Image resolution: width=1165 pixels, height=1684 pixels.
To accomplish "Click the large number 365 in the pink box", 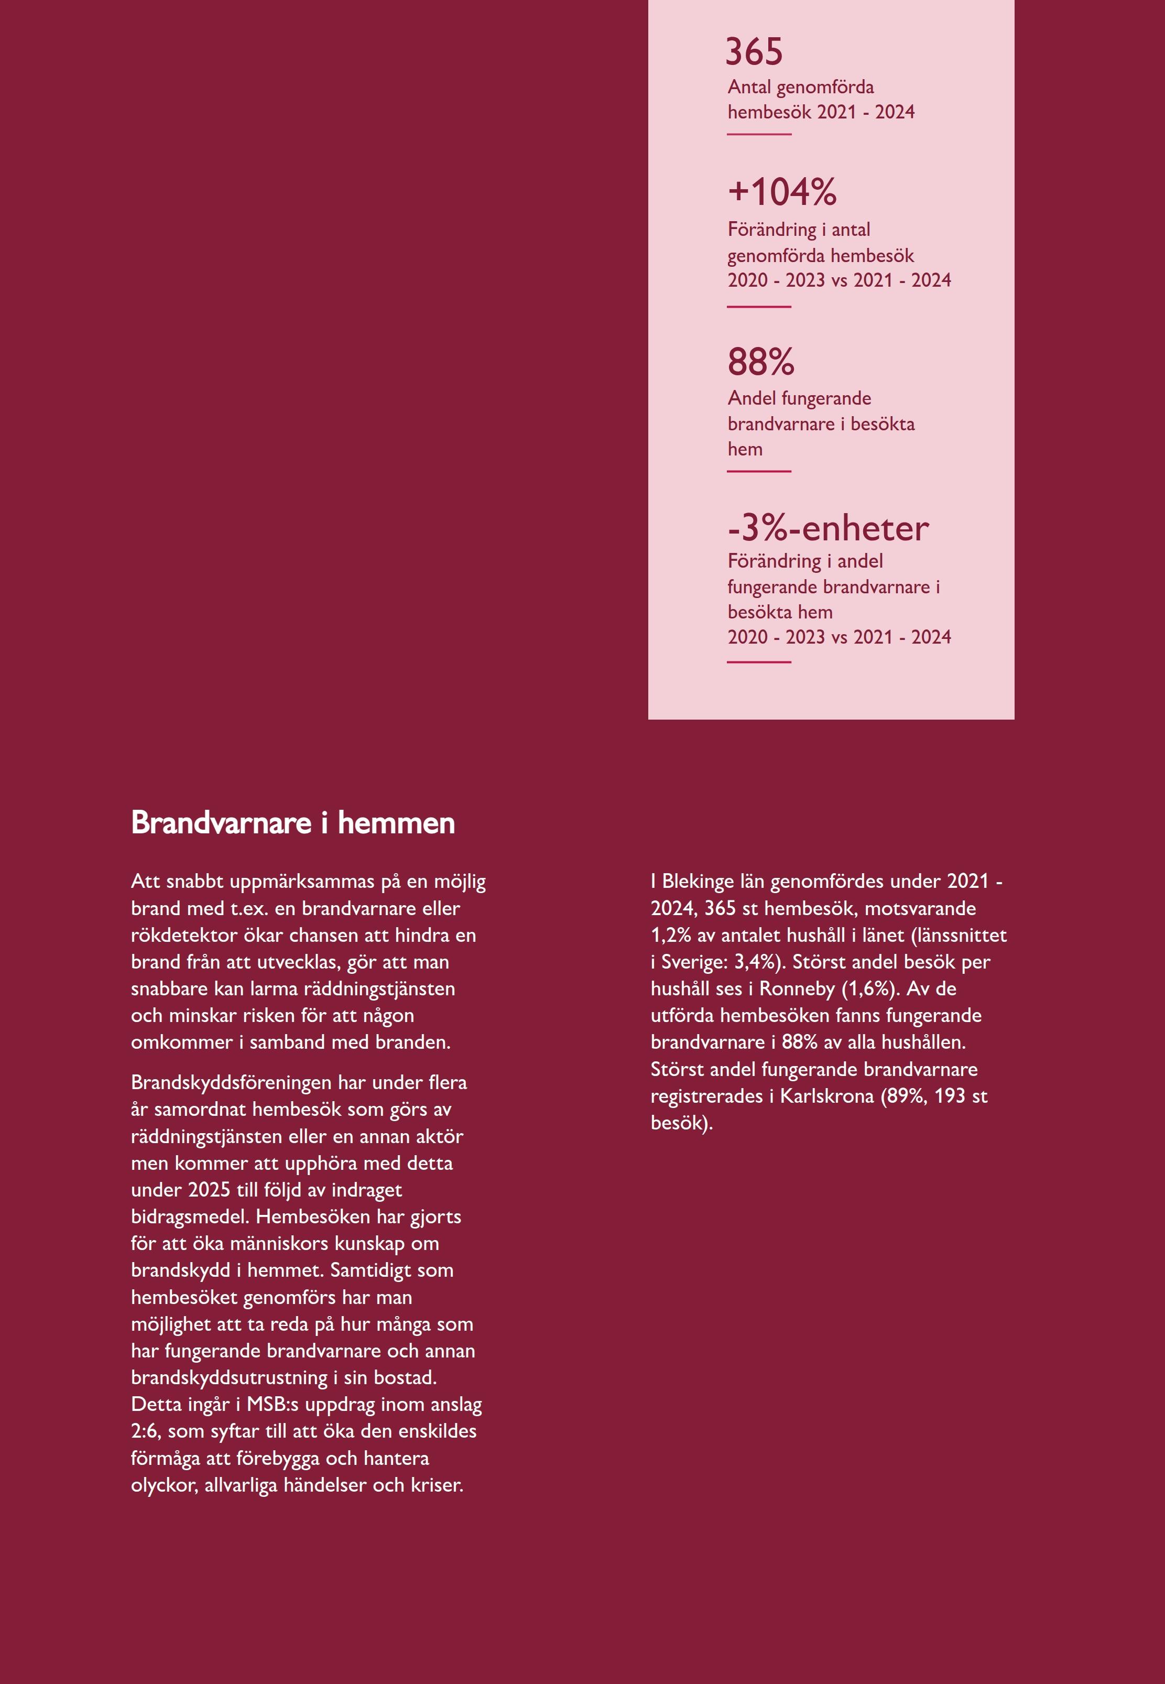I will [754, 52].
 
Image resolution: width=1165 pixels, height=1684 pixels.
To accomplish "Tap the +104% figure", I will [782, 192].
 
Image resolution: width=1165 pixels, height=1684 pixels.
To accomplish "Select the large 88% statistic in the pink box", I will [760, 362].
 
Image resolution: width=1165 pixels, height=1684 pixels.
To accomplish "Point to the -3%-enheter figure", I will [828, 528].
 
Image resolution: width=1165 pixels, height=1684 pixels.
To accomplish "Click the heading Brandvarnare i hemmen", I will [293, 823].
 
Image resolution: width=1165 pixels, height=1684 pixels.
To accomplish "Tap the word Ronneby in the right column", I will [797, 989].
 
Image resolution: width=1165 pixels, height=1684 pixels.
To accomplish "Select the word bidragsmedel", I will [191, 1217].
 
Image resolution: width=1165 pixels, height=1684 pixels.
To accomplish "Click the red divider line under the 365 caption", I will [759, 134].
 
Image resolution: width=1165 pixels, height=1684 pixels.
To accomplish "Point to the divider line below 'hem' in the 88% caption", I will [759, 472].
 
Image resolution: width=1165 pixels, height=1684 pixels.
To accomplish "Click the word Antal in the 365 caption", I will [749, 88].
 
